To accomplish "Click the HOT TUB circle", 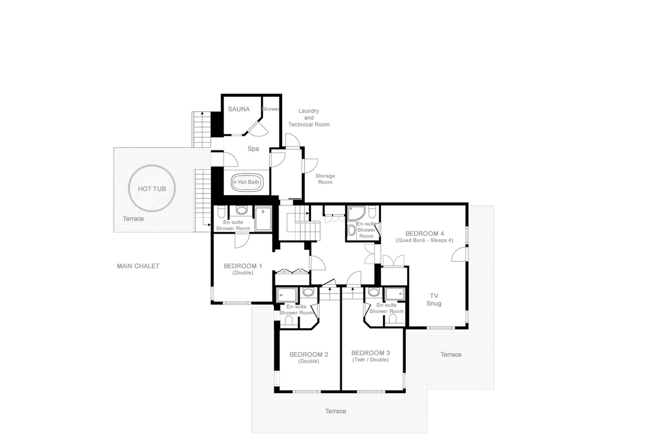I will [x=152, y=188].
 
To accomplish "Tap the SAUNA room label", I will [x=239, y=109].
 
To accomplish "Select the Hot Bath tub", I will [x=247, y=182].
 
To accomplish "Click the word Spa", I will [x=253, y=149].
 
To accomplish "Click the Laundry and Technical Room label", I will [x=309, y=118].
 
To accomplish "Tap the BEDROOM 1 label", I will [x=242, y=266].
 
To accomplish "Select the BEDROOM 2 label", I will [x=309, y=354].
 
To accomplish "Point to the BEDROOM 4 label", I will [x=424, y=233].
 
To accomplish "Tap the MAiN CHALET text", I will [x=138, y=266].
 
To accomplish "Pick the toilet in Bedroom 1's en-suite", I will [x=221, y=212].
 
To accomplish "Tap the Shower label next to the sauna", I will [x=270, y=109].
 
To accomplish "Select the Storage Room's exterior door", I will [x=310, y=166].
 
